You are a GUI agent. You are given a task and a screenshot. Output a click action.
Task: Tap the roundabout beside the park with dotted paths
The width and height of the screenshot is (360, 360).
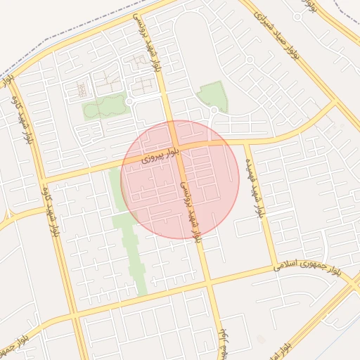pyautogui.click(x=129, y=102)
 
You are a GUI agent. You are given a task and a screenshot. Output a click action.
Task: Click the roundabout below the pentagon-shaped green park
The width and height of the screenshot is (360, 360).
pyautogui.click(x=214, y=110)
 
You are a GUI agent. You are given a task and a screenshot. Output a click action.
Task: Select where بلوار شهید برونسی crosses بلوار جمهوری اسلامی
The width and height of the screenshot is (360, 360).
pyautogui.click(x=208, y=283)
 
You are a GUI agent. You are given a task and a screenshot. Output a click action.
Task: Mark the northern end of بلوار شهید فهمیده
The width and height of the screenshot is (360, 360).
pyautogui.click(x=247, y=141)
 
